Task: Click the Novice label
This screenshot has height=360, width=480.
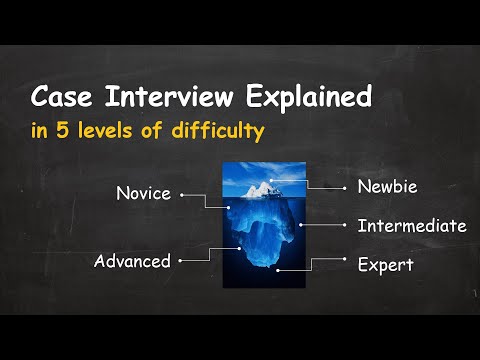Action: [143, 193]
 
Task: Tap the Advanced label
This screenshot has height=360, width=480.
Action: [132, 261]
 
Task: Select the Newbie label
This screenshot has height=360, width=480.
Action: [387, 186]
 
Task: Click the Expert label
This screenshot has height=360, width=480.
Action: [385, 266]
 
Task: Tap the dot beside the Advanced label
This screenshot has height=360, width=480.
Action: [181, 261]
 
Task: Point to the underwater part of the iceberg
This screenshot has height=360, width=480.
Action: [262, 240]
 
